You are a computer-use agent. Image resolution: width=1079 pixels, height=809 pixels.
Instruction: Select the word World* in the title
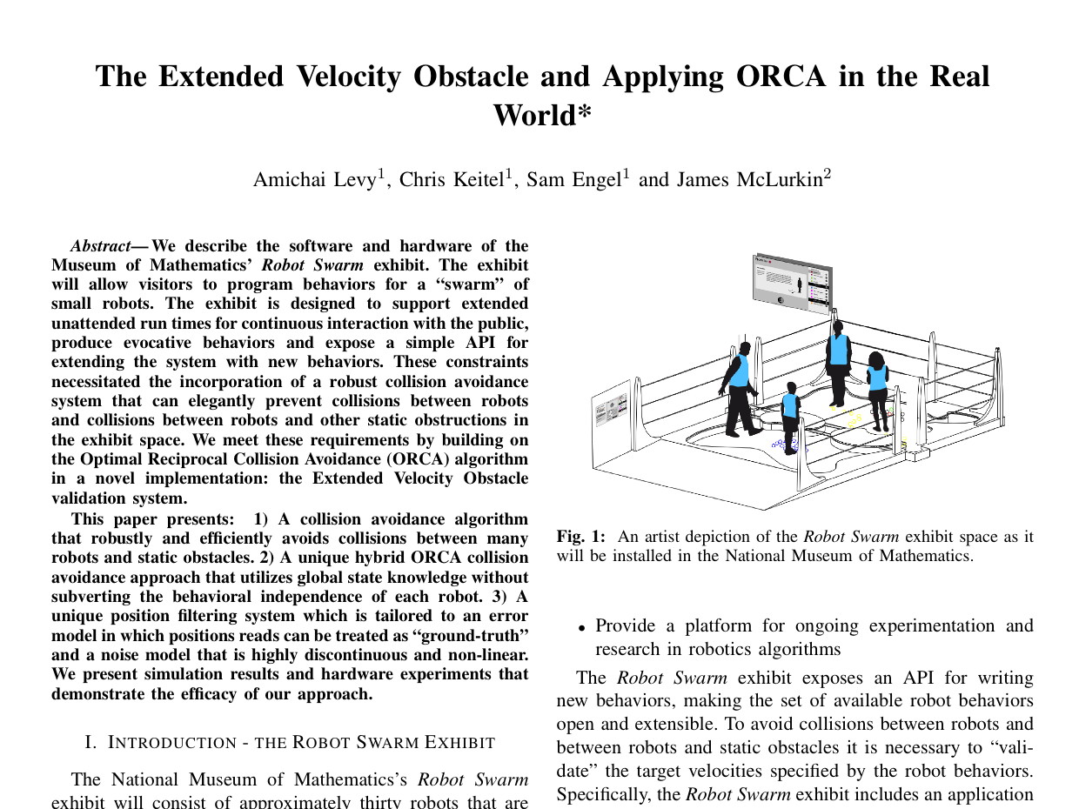point(542,115)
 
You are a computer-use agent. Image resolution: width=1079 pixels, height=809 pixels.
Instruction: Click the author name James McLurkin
point(749,179)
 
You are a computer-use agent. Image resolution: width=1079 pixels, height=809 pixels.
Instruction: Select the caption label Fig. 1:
point(581,537)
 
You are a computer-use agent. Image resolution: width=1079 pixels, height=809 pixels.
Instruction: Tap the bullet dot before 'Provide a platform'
point(581,627)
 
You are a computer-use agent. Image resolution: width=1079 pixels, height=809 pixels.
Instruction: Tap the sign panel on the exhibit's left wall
point(611,409)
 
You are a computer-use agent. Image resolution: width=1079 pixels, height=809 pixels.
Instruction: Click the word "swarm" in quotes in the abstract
point(458,284)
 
